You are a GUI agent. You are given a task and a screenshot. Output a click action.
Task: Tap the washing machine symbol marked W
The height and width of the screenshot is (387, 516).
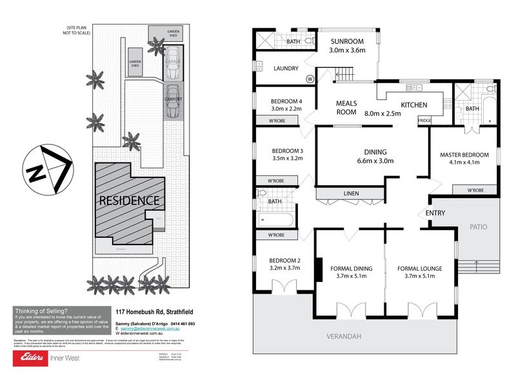click(x=310, y=79)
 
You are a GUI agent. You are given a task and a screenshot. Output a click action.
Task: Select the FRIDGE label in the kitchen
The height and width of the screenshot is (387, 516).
click(x=425, y=121)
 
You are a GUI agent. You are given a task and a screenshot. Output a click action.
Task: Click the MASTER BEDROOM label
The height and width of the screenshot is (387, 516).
click(x=464, y=155)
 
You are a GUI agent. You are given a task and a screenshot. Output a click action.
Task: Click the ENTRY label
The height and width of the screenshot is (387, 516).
click(x=436, y=213)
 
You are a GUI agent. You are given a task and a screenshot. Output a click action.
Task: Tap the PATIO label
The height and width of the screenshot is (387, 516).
click(x=477, y=227)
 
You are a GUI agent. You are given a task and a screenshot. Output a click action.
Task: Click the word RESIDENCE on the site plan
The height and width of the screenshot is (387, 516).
click(x=129, y=200)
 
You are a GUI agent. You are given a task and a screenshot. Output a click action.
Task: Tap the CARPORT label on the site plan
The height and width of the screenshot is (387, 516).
click(x=173, y=99)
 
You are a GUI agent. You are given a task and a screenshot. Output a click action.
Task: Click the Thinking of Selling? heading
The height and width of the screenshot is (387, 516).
click(x=41, y=310)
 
